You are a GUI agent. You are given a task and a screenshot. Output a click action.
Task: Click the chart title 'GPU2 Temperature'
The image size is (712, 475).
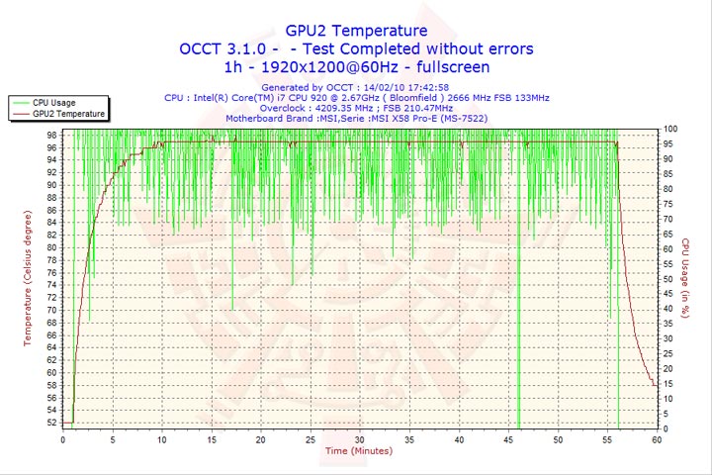356,31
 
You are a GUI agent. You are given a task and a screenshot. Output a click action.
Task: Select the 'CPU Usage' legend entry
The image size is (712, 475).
53,102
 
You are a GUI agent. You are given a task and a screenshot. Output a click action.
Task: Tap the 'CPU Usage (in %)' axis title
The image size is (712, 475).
684,277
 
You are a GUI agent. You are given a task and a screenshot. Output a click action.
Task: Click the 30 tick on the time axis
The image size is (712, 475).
359,439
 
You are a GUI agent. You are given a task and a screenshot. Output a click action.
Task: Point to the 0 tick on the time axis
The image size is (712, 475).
62,439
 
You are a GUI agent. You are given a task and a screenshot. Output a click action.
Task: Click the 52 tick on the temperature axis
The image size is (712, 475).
51,423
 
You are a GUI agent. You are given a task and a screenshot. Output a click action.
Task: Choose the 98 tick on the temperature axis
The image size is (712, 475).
51,136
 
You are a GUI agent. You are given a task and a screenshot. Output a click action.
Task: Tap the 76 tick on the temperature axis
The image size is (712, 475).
51,273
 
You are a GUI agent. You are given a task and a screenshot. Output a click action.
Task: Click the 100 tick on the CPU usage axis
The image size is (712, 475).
670,130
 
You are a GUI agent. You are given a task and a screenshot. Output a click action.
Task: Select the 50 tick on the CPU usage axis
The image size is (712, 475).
668,279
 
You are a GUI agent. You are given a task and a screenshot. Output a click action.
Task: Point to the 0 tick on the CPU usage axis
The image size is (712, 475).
666,428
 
